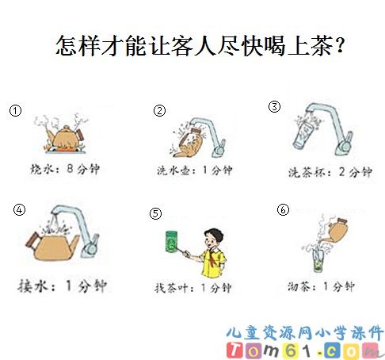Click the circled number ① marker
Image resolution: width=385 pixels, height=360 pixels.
point(15,111)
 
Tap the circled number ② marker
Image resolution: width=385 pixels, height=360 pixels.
point(159,111)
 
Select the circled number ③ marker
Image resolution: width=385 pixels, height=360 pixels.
point(274,106)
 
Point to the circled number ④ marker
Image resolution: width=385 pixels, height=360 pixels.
point(19,210)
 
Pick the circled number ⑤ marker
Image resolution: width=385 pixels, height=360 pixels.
point(155,213)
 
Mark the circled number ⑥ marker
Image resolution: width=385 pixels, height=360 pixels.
point(283,209)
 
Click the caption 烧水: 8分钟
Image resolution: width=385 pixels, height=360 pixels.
point(65,169)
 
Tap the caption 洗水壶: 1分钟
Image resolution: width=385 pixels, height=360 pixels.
point(195,170)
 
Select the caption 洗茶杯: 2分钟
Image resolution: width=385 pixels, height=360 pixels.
point(330,172)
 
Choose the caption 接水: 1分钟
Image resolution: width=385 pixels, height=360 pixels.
point(63,286)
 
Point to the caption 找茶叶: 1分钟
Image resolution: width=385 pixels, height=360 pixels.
point(193,288)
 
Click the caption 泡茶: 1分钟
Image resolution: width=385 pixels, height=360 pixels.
point(321,286)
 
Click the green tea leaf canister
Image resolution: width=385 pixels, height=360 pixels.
point(172,241)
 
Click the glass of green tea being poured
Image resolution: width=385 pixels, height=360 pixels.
point(318,260)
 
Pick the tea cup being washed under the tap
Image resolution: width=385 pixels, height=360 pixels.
point(303,136)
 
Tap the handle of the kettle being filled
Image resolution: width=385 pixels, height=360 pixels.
point(32,241)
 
